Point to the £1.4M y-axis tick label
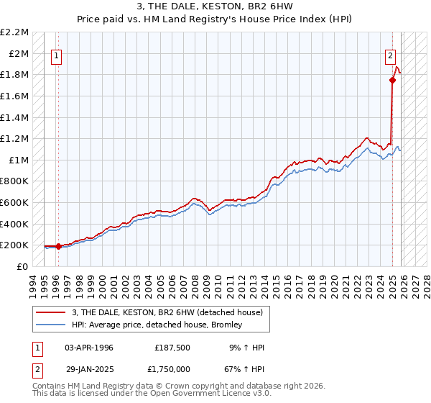click(x=15, y=117)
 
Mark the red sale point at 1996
click(x=58, y=246)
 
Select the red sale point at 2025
click(x=392, y=81)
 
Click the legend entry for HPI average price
click(x=157, y=325)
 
